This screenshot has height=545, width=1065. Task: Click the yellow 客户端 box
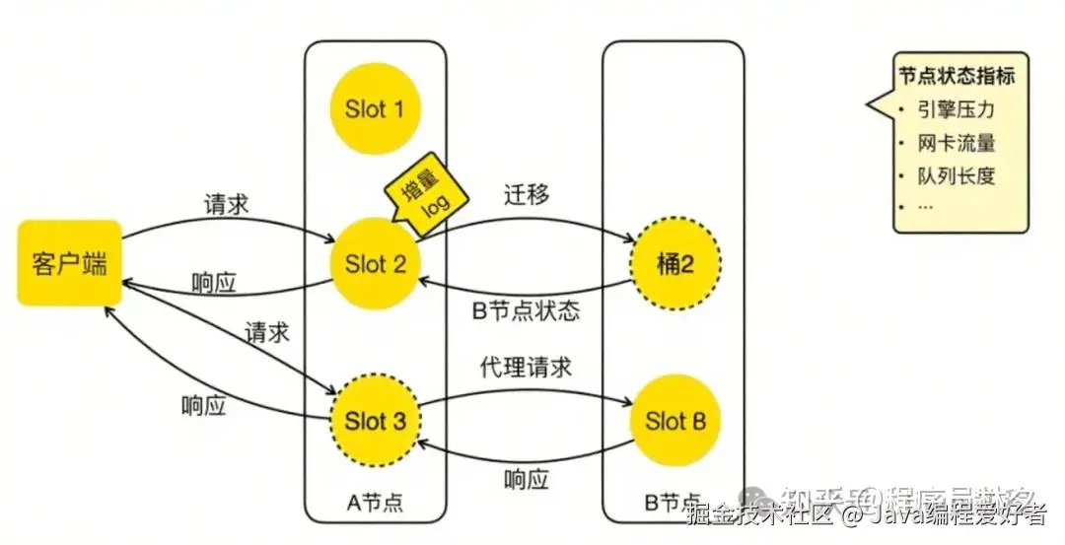click(x=69, y=263)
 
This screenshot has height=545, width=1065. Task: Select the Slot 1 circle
click(x=375, y=108)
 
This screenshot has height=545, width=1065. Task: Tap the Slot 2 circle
click(x=375, y=263)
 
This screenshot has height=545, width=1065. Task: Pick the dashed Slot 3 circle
click(x=375, y=422)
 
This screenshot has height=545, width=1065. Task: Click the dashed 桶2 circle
click(x=674, y=263)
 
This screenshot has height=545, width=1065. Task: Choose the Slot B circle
click(x=675, y=422)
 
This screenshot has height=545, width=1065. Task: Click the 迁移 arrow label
click(x=526, y=194)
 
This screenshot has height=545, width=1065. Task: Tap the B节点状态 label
click(x=527, y=312)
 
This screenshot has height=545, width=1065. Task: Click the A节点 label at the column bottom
click(x=376, y=503)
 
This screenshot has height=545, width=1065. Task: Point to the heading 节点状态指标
click(x=956, y=77)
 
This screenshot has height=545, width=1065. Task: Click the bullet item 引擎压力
click(x=956, y=108)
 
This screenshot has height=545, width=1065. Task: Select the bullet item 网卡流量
click(x=956, y=143)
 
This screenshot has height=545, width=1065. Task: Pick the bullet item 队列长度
click(x=956, y=176)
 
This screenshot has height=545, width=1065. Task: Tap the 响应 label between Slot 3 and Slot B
click(x=526, y=481)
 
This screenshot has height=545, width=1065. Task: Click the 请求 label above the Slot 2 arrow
click(x=227, y=205)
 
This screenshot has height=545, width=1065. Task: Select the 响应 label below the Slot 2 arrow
click(x=214, y=283)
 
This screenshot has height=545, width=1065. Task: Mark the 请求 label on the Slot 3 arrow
click(x=266, y=332)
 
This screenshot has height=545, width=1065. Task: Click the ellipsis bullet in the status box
click(x=925, y=208)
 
